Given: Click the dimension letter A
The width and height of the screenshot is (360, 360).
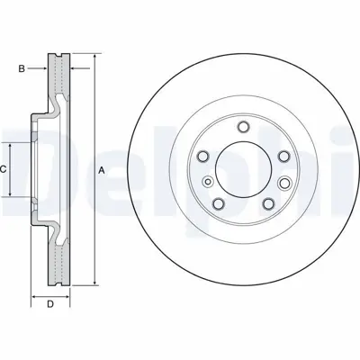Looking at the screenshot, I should pyautogui.click(x=102, y=171).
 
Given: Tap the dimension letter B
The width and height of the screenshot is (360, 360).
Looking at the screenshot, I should pyautogui.click(x=22, y=67).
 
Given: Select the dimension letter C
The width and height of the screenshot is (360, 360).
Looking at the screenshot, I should pyautogui.click(x=4, y=169).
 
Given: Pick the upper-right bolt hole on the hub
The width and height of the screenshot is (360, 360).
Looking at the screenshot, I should pyautogui.click(x=283, y=157).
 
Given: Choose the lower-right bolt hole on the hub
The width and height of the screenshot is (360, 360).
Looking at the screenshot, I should pyautogui.click(x=268, y=204).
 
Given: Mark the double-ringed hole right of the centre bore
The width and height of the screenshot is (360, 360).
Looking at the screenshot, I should pyautogui.click(x=286, y=184).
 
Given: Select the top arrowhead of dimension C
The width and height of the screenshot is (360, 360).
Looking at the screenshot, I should pyautogui.click(x=12, y=145).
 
